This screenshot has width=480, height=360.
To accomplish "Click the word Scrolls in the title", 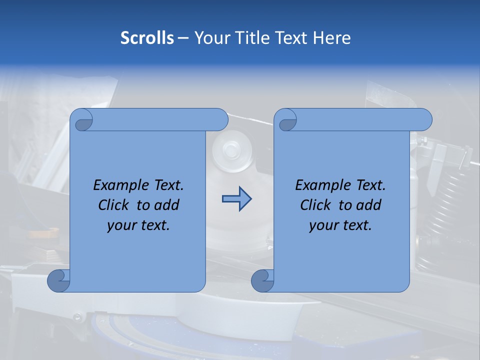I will coord(147,38).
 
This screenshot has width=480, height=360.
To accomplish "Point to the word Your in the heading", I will coord(209,38).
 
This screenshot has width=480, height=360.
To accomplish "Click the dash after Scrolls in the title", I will coord(183,38).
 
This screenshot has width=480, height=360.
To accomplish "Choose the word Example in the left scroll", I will coord(118,185).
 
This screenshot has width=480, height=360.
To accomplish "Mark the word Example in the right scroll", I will coord(320,185).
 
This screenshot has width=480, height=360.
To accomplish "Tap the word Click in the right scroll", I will coord(315,205).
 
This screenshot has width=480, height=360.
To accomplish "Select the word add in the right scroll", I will coord(368,205).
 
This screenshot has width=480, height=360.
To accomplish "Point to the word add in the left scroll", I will coord(166,205).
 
